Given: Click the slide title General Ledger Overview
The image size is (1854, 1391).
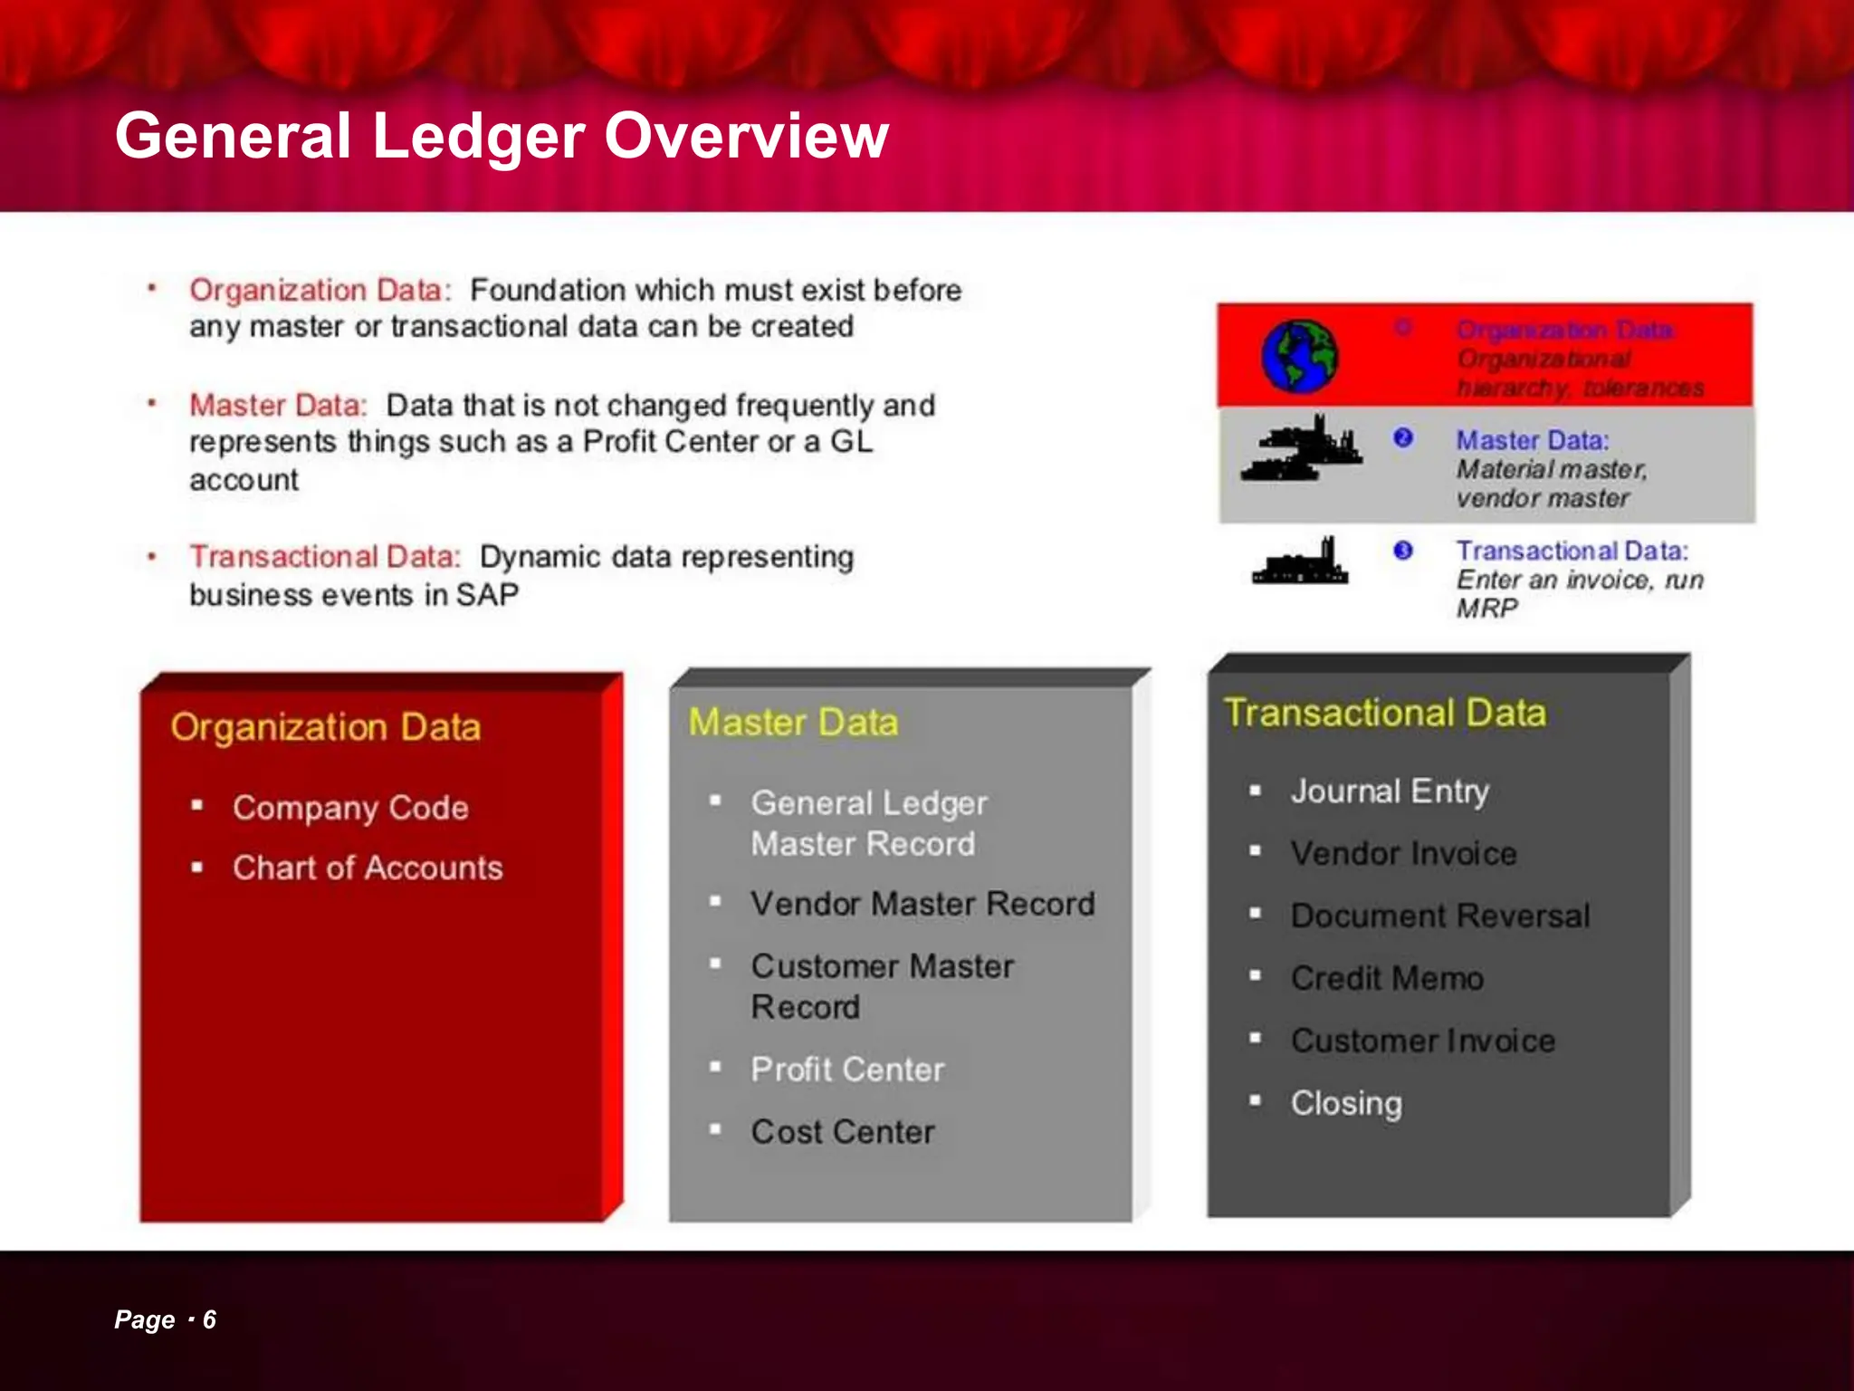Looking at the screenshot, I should coord(502,136).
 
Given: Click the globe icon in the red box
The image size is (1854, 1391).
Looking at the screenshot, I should coord(1299,356).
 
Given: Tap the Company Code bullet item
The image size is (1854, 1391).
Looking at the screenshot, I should coord(350,807).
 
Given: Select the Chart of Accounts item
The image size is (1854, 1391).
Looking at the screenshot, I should coord(367,868).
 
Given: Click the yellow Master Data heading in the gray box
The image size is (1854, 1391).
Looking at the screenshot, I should coord(793,723).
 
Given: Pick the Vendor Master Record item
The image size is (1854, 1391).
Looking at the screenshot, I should coord(922,904).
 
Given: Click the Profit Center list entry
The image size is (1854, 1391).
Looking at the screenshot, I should coord(847,1070).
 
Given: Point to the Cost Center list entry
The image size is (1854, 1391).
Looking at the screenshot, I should coord(842,1132).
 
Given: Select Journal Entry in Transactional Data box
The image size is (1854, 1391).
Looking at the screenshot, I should coord(1389,791).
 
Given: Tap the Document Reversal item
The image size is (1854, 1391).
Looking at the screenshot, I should coord(1439,916).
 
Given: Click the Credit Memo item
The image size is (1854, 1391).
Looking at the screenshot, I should coord(1387,978).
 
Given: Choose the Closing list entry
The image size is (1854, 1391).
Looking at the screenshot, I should coord(1346,1103).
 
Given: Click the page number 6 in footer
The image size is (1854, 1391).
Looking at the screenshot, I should coord(209,1319).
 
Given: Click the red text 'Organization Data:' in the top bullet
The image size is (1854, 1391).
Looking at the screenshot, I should coord(320,291).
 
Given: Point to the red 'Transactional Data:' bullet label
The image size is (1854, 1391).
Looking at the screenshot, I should coord(325,556).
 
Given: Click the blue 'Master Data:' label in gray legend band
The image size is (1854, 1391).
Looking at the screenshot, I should coord(1532,440).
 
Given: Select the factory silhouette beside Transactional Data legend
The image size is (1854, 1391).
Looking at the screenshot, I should coord(1299,561).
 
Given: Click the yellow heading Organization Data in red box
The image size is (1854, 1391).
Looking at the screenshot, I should coord(325,727).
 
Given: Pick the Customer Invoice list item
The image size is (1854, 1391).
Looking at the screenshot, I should coord(1422,1041).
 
